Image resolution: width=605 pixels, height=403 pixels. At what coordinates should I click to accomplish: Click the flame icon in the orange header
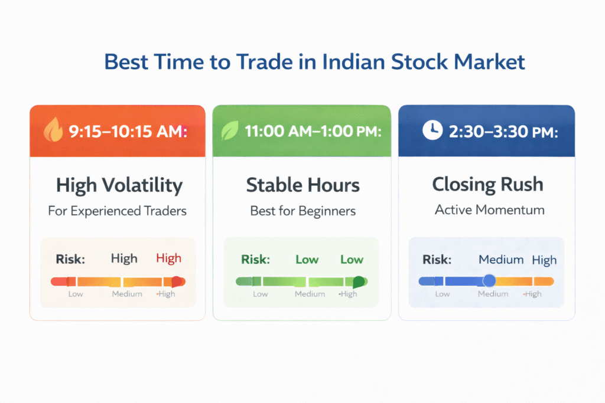point(53,131)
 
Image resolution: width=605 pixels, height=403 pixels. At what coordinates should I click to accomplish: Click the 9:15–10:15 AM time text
point(128,132)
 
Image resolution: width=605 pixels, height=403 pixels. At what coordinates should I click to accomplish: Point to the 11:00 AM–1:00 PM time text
point(313,132)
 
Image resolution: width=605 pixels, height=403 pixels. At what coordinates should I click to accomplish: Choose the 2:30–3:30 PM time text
point(503,132)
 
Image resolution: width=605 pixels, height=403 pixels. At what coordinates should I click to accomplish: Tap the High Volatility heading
point(119,185)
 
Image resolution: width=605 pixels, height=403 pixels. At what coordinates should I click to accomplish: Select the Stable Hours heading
point(302,185)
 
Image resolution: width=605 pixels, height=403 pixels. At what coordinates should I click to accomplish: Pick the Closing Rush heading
point(488,185)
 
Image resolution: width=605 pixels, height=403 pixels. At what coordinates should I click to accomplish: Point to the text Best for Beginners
point(302,211)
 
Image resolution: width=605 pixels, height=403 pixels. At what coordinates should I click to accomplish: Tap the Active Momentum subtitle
point(489,209)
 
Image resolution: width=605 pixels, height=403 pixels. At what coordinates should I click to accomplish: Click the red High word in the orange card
point(168,258)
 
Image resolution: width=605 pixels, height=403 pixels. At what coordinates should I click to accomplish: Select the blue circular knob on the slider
point(489,281)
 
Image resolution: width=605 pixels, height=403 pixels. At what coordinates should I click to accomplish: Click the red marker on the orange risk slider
point(176,281)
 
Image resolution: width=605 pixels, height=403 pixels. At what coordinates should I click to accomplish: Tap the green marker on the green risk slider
point(359,281)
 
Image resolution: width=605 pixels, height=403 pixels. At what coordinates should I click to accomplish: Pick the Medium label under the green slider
point(310,294)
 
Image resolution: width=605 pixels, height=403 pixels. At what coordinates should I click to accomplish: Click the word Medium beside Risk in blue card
point(501,260)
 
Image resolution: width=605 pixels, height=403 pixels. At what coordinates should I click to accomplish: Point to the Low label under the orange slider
point(76,294)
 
